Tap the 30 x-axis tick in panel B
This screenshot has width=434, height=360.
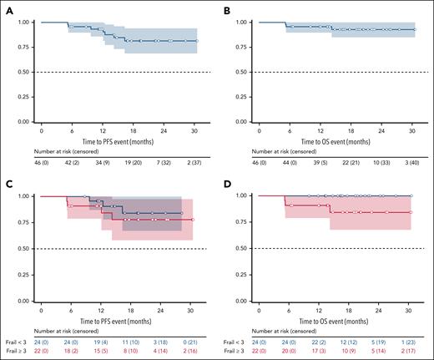click(x=411, y=131)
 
